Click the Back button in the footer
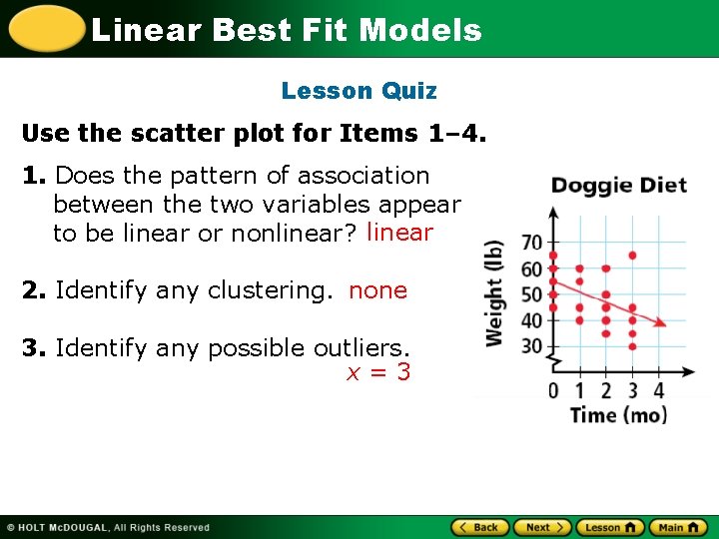[479, 527]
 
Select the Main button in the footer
[677, 527]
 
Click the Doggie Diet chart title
[618, 186]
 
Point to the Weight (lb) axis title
[494, 293]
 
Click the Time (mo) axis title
[618, 414]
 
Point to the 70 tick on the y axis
[531, 243]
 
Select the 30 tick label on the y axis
[531, 346]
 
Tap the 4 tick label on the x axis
[659, 390]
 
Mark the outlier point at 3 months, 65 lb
[632, 256]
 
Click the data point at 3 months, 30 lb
[632, 346]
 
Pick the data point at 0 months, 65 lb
[554, 256]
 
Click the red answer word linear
[399, 233]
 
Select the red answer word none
[377, 290]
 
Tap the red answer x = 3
[377, 373]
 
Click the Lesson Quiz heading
[359, 91]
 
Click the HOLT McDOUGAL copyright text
[109, 527]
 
